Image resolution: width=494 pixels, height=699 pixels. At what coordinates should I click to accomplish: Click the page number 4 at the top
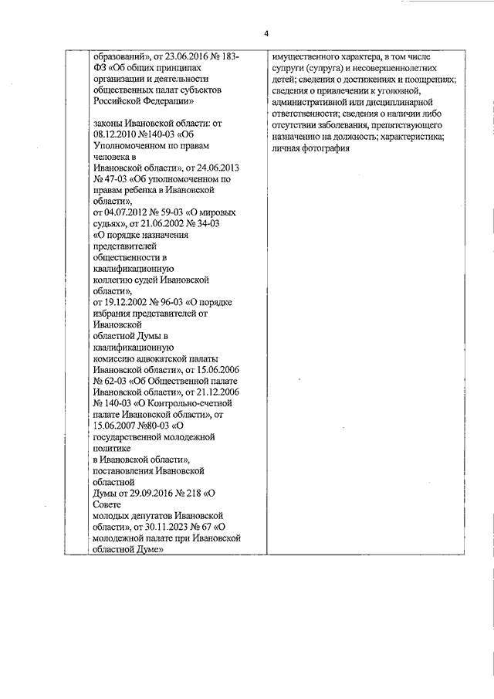[266, 35]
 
